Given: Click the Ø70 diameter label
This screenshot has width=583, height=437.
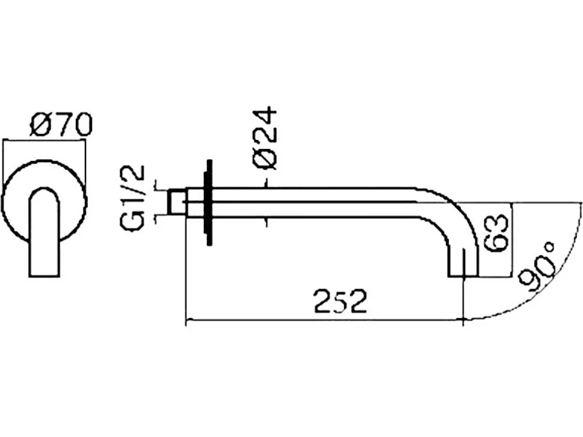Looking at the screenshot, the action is (61, 124).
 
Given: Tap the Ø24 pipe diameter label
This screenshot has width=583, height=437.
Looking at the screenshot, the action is (264, 139).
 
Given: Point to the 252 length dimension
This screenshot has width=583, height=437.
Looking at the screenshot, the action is (341, 301).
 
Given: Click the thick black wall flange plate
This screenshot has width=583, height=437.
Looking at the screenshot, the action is (209, 203).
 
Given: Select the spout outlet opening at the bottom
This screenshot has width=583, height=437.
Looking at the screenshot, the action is (463, 276).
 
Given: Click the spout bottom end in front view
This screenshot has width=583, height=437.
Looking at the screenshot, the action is (44, 276).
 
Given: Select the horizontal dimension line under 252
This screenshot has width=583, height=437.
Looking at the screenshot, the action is (325, 319).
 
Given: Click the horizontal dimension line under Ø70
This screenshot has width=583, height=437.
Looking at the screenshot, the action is (44, 140).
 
